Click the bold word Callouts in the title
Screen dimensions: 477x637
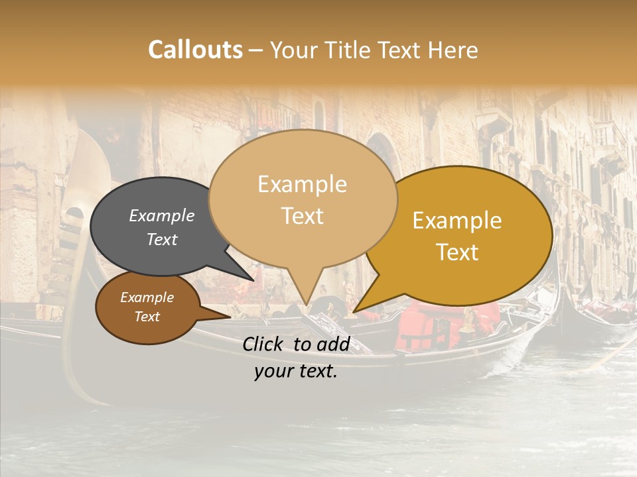pyautogui.click(x=195, y=50)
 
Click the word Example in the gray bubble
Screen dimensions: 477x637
pyautogui.click(x=161, y=216)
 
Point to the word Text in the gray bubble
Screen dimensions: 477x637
pyautogui.click(x=161, y=239)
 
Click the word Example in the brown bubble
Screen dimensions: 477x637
pyautogui.click(x=147, y=297)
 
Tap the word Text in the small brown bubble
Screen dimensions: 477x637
pyautogui.click(x=147, y=317)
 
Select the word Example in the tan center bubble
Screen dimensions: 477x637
pyautogui.click(x=302, y=184)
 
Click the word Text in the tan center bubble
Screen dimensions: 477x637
pyautogui.click(x=302, y=216)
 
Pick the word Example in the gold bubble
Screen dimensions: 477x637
pyautogui.click(x=457, y=221)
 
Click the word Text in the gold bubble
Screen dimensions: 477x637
pyautogui.click(x=457, y=252)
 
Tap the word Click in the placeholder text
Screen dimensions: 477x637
pyautogui.click(x=265, y=344)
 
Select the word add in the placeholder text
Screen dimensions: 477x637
pyautogui.click(x=336, y=344)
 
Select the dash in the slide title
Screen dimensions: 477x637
pyautogui.click(x=257, y=50)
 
